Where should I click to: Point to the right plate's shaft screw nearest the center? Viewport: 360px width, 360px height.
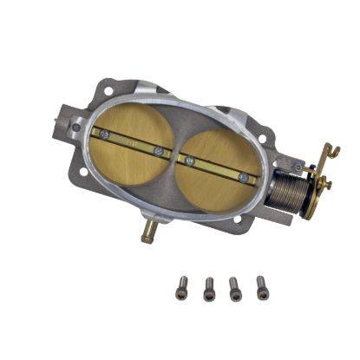pos(187,161)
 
